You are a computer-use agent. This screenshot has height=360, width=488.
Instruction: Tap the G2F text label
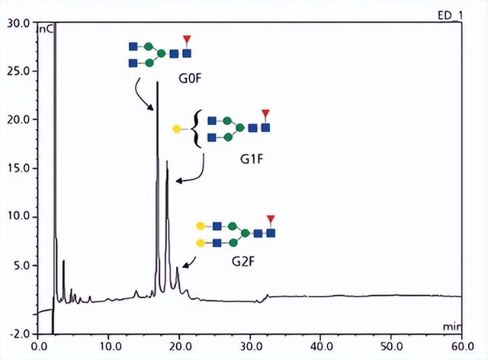pyautogui.click(x=244, y=262)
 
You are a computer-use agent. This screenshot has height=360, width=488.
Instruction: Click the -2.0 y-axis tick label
pyautogui.click(x=16, y=334)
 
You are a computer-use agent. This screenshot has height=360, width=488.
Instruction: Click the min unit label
pyautogui.click(x=451, y=326)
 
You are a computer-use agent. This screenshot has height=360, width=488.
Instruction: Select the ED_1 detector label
pyautogui.click(x=449, y=15)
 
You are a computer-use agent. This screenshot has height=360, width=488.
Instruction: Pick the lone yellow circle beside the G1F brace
pyautogui.click(x=177, y=129)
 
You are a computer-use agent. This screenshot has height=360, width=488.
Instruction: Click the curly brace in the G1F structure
pyautogui.click(x=196, y=127)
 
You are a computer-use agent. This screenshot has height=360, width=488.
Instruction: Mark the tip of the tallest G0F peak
pyautogui.click(x=157, y=82)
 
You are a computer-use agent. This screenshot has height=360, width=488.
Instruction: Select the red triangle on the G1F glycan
pyautogui.click(x=265, y=114)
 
